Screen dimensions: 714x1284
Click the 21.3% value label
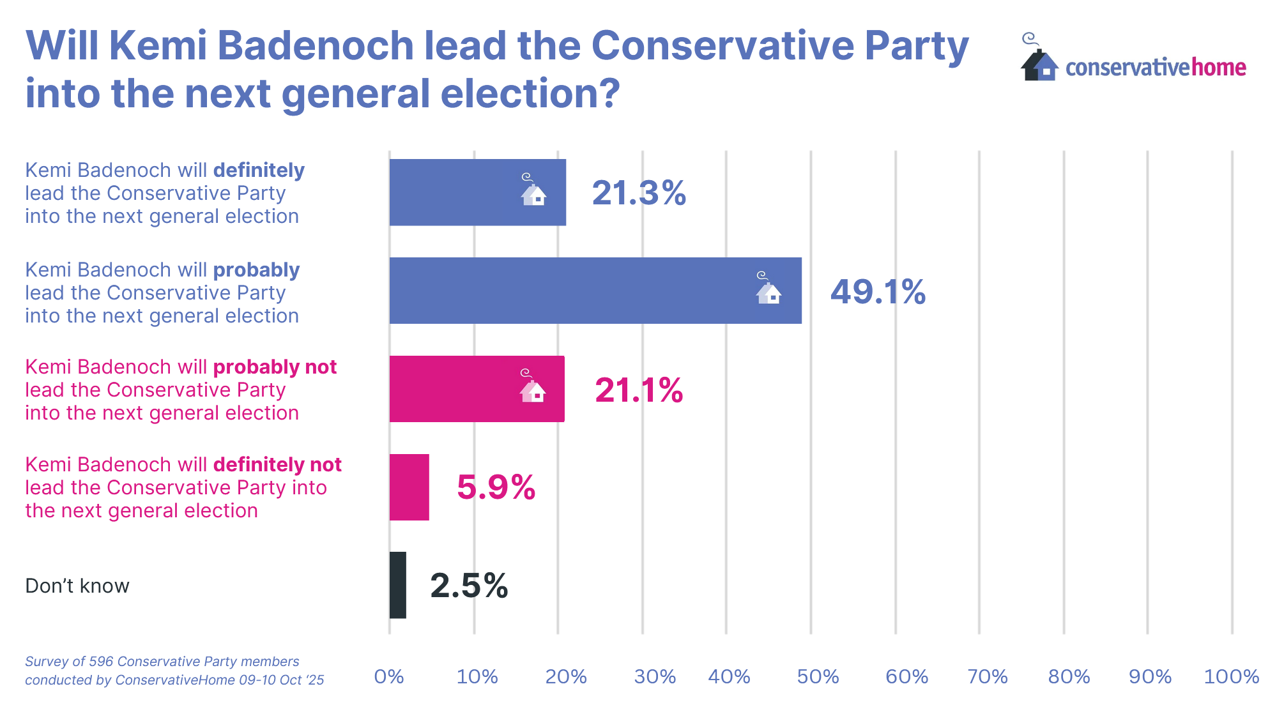click(639, 193)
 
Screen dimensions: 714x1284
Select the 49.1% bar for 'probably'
click(595, 291)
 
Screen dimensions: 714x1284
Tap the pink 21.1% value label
click(639, 390)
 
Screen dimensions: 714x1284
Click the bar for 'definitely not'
click(409, 487)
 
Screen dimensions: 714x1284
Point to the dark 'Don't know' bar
click(398, 585)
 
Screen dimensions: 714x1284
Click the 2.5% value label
click(469, 586)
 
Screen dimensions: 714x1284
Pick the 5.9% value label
click(496, 488)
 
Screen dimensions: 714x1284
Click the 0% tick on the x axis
click(389, 677)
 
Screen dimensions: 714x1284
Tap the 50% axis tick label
click(818, 677)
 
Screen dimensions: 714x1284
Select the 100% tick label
click(1231, 677)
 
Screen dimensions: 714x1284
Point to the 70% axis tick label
click(988, 677)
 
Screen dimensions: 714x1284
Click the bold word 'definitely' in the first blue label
click(259, 171)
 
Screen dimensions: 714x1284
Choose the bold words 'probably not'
click(275, 367)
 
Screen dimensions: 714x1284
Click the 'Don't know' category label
click(77, 586)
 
